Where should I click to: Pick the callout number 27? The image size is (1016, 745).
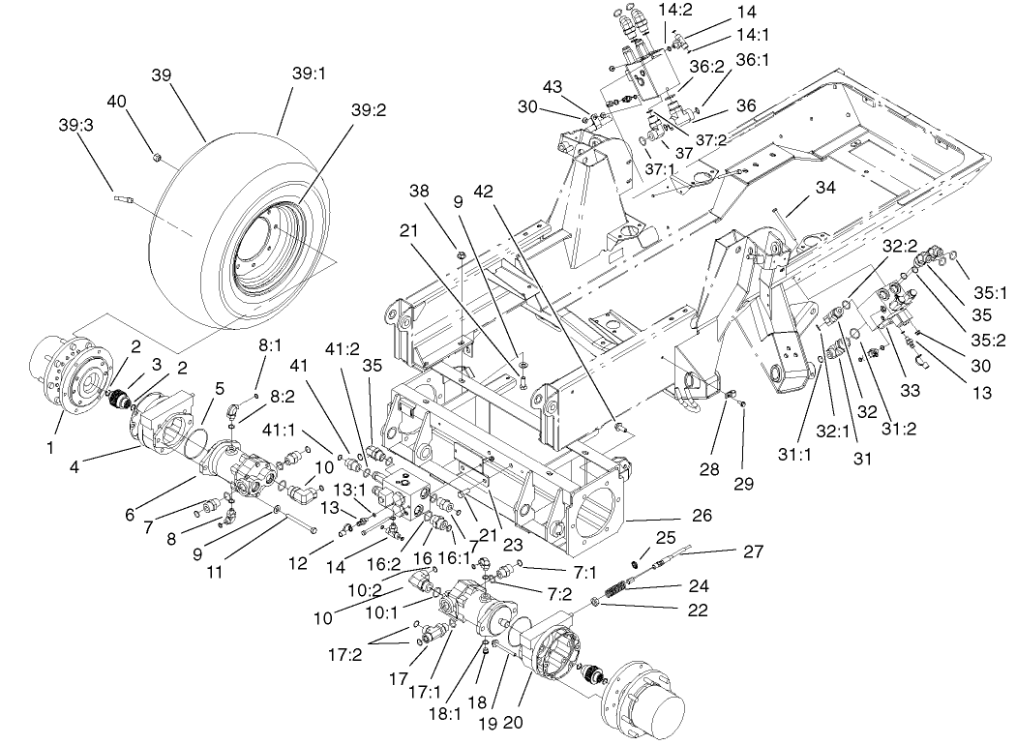pos(752,551)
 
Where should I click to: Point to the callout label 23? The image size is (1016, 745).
pos(512,545)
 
